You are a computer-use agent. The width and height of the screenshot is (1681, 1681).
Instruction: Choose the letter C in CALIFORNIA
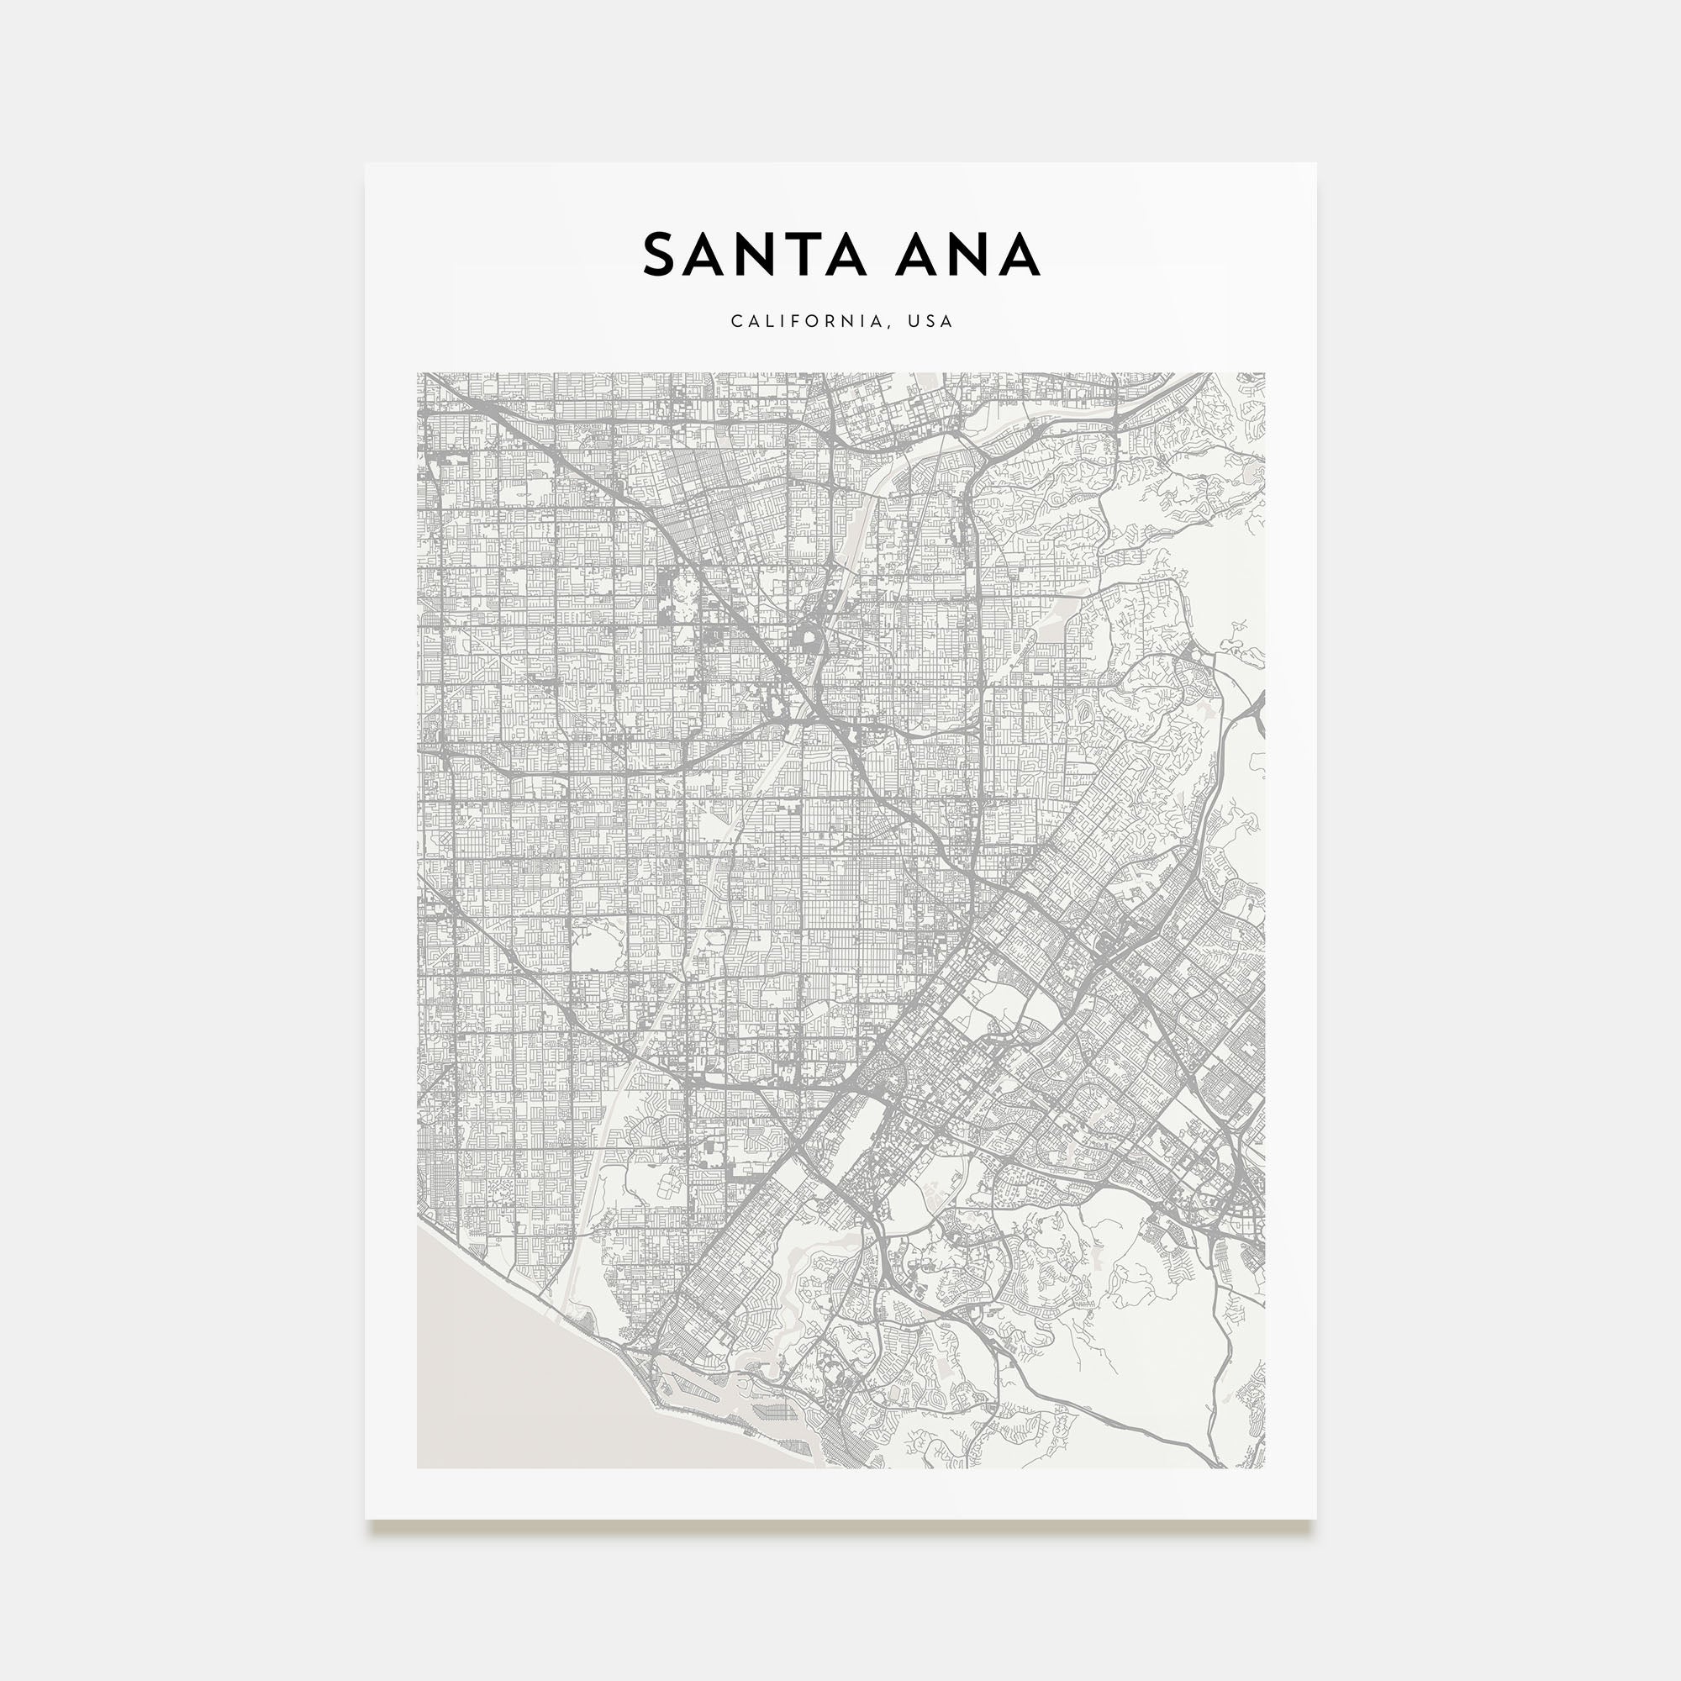(736, 322)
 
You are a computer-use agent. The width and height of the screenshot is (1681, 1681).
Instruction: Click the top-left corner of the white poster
(366, 164)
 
